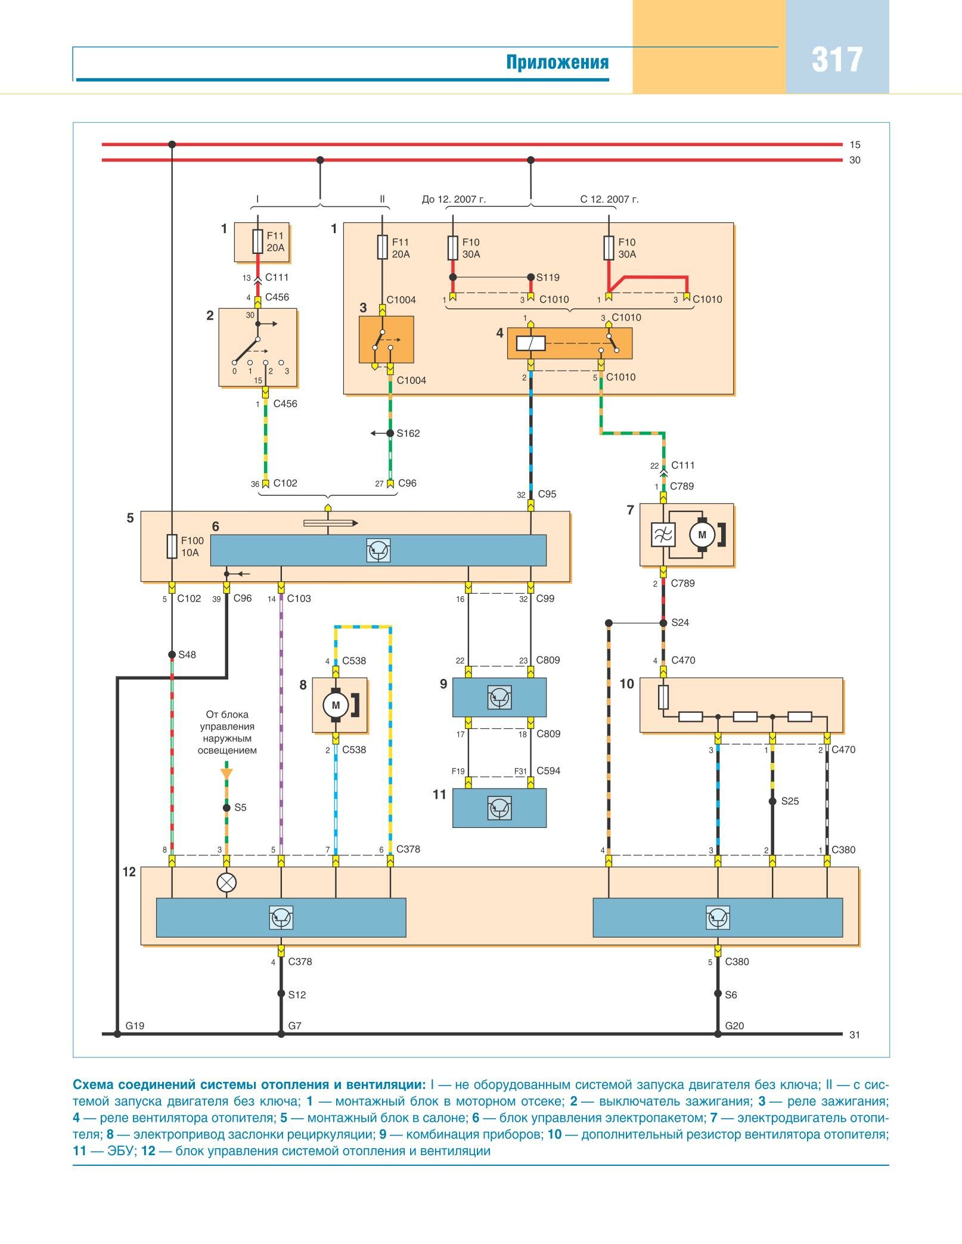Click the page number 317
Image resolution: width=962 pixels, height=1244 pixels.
(x=837, y=60)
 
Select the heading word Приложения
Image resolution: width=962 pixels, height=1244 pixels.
(x=557, y=62)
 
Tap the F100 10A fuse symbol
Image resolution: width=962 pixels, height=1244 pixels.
(x=172, y=546)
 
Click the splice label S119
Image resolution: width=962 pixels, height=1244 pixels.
(x=548, y=277)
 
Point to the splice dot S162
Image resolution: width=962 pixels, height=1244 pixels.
(x=390, y=433)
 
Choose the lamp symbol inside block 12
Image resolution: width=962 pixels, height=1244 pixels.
(x=226, y=883)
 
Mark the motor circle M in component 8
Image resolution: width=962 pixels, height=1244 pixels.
(x=336, y=705)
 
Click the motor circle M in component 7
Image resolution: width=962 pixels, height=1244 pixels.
(x=702, y=535)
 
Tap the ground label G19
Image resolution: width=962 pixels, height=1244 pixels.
(x=135, y=1026)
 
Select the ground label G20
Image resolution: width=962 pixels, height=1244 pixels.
(x=734, y=1026)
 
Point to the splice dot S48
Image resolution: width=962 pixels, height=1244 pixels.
(x=172, y=654)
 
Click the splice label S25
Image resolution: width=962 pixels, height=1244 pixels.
(x=790, y=801)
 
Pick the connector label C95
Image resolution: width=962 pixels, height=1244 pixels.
(x=547, y=494)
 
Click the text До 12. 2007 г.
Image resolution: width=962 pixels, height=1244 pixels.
(x=454, y=199)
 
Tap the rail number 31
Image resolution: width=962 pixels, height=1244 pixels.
(x=855, y=1035)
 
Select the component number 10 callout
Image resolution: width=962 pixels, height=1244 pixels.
(x=626, y=684)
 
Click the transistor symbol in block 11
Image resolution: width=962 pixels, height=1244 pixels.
(x=499, y=808)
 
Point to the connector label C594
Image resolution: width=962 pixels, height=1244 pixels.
(x=548, y=771)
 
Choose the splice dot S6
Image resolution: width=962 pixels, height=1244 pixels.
(x=718, y=994)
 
